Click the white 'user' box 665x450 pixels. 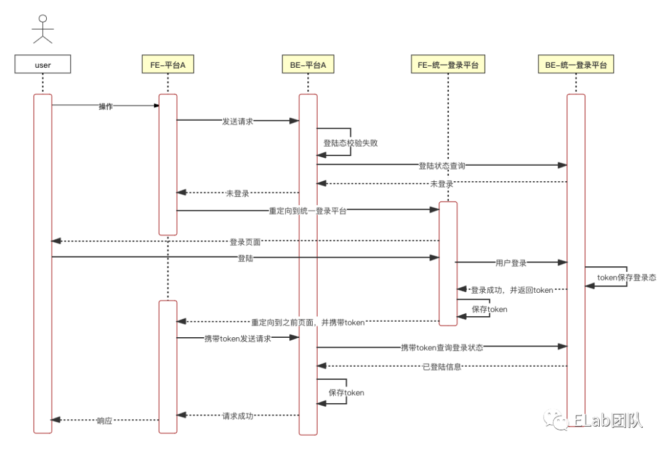click(42, 65)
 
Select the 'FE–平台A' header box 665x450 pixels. click(167, 65)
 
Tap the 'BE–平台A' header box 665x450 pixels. click(308, 65)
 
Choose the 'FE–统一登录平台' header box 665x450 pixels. click(448, 65)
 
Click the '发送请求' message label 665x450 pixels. click(238, 121)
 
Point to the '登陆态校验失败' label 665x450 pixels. click(350, 143)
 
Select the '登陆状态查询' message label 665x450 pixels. click(441, 166)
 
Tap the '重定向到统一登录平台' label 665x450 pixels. click(308, 211)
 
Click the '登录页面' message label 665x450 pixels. click(245, 242)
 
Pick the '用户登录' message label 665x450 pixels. click(511, 263)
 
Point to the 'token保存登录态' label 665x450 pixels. click(626, 277)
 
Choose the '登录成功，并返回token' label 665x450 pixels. click(512, 290)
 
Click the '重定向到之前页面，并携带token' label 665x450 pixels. click(308, 322)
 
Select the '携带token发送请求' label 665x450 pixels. click(238, 338)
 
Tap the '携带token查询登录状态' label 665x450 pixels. click(441, 348)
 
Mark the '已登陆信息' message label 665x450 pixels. click(441, 367)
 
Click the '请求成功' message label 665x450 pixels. click(238, 416)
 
